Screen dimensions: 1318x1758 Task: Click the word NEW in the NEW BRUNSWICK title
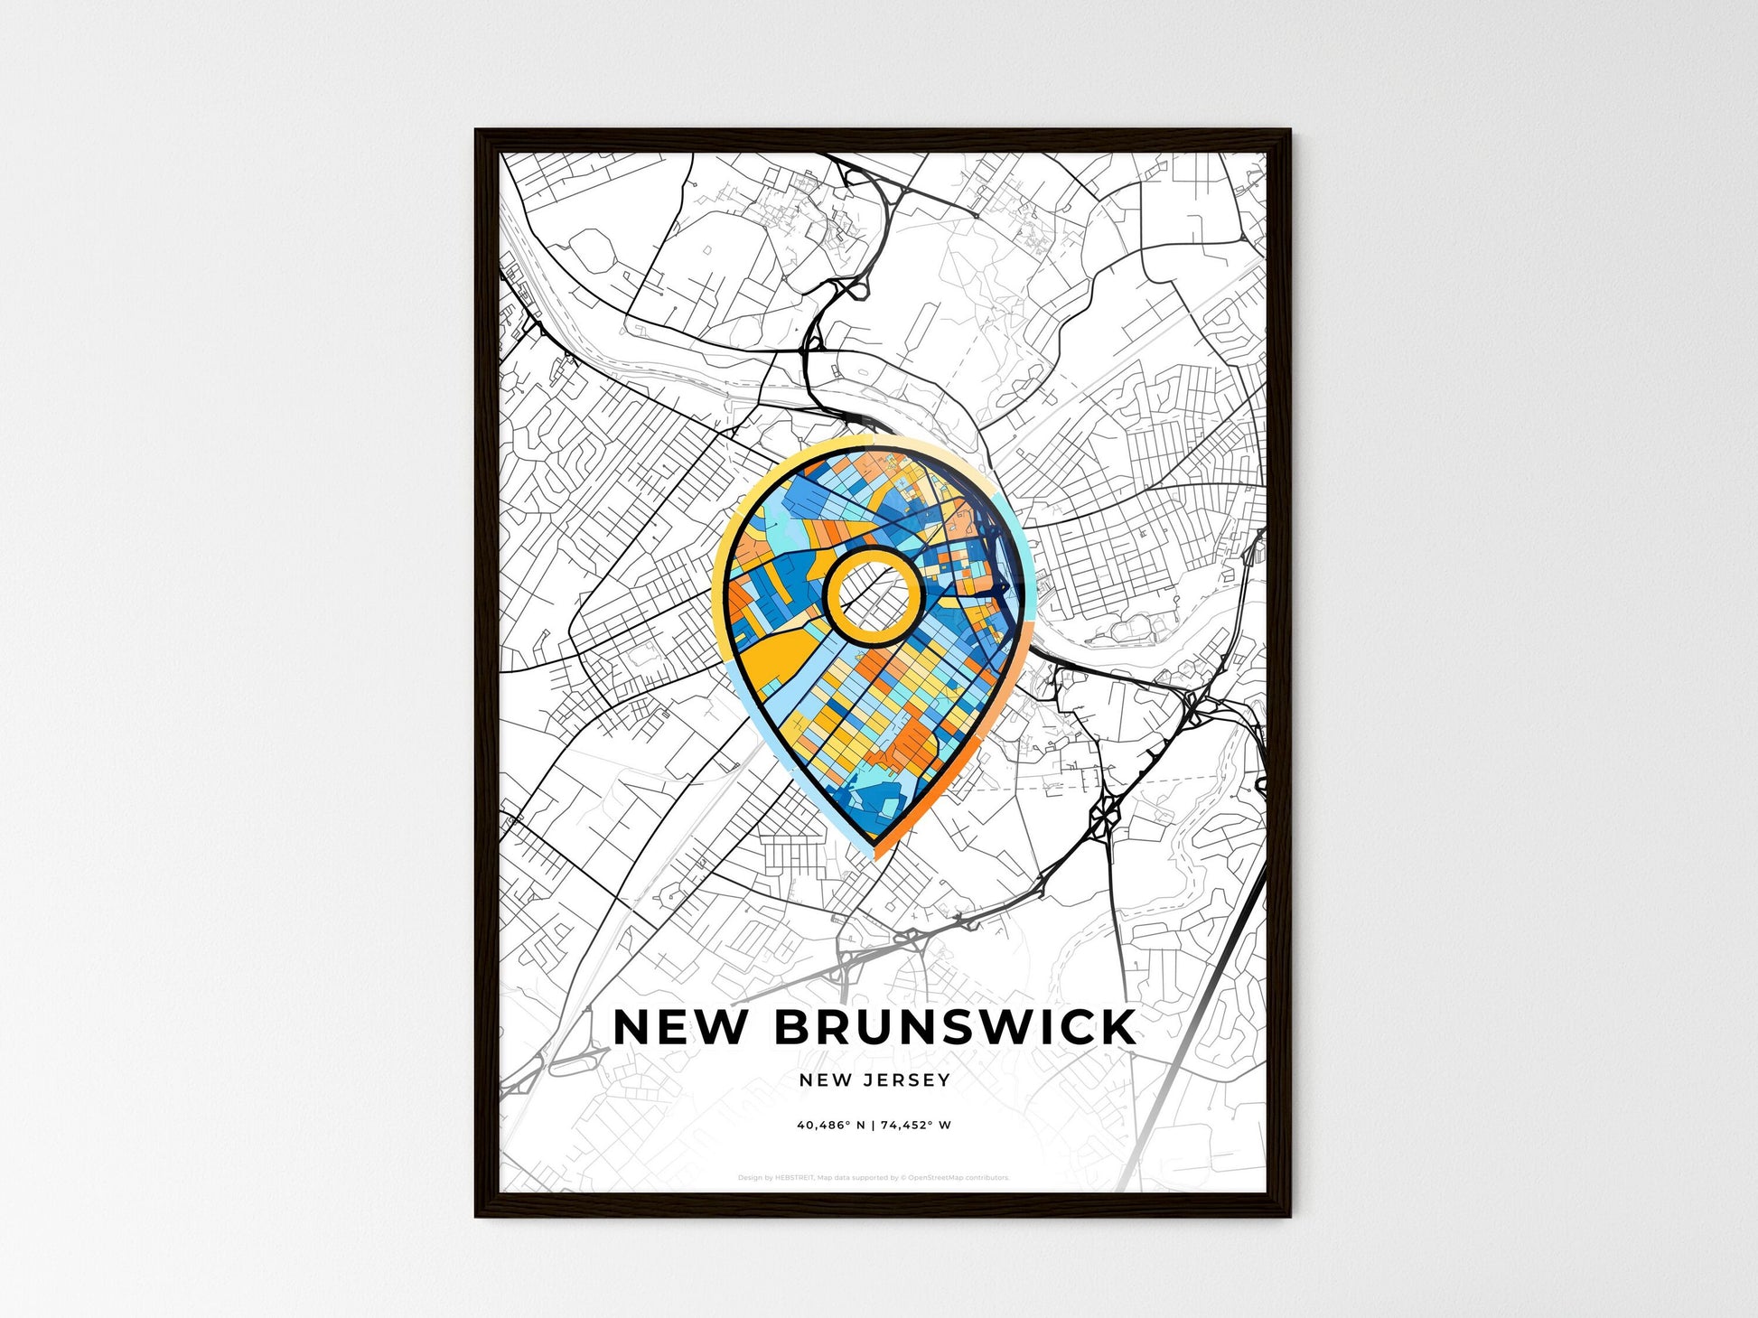click(680, 1027)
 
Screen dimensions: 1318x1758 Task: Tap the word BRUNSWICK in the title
click(956, 1027)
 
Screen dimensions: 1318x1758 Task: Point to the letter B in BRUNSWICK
click(794, 1027)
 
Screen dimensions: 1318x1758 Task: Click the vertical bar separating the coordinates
click(874, 1126)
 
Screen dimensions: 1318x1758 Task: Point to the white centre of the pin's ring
click(873, 595)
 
